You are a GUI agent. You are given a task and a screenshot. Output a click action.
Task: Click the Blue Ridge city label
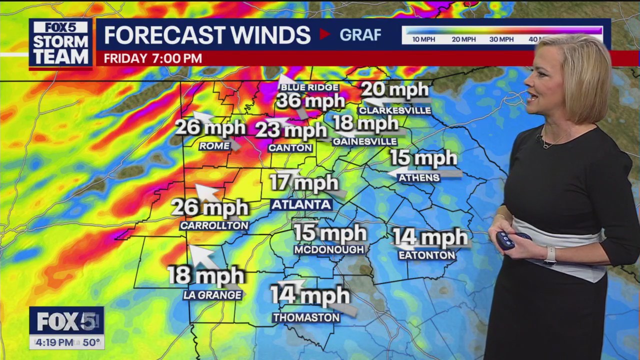coord(309,87)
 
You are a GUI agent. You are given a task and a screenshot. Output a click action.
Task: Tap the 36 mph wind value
coord(310,101)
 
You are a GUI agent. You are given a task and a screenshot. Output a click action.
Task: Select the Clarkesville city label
coord(395,110)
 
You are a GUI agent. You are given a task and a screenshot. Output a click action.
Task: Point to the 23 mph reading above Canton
coord(291,131)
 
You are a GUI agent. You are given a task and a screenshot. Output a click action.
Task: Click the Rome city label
coord(214,146)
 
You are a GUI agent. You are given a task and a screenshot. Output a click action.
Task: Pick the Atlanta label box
coord(301,204)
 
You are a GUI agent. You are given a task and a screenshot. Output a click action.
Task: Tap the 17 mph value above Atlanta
coord(303,183)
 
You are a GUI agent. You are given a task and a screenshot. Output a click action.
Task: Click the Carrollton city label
coord(214,226)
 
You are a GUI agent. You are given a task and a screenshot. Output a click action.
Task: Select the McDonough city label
coord(329,249)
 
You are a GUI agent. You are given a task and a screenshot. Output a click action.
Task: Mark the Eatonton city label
coord(427,255)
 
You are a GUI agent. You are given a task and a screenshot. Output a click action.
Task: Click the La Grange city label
coord(212,295)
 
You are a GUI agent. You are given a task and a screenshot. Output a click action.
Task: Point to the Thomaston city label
coord(306,317)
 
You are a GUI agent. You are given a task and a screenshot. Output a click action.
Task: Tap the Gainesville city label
coord(365,142)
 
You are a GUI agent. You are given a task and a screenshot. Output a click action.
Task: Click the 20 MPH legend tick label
coord(463,39)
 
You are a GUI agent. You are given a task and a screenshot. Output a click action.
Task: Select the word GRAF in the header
coord(360,34)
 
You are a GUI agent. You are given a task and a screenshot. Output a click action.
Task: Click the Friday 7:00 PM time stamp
coord(153,58)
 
